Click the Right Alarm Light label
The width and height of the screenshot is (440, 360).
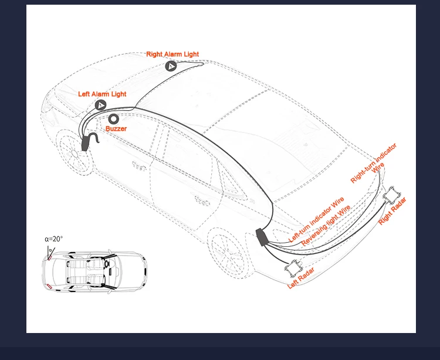(x=172, y=54)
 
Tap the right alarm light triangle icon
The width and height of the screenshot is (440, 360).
(x=170, y=66)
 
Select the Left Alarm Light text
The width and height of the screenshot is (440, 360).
(x=102, y=94)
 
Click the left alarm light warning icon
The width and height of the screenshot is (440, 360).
(x=100, y=105)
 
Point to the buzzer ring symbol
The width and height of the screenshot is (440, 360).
(x=113, y=119)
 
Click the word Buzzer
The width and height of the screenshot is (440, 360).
(x=116, y=128)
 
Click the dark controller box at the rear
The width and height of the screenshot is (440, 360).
(x=262, y=237)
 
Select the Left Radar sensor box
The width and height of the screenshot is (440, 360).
(x=293, y=268)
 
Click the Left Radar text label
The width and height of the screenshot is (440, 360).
(x=301, y=278)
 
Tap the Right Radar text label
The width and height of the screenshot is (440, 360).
(x=392, y=211)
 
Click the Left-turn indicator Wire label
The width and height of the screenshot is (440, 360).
(x=316, y=220)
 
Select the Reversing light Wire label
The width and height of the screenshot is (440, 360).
(x=326, y=226)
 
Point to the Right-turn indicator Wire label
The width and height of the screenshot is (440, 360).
(x=374, y=163)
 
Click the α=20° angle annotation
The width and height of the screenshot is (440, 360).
(x=53, y=239)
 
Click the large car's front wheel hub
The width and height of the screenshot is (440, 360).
(x=75, y=154)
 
